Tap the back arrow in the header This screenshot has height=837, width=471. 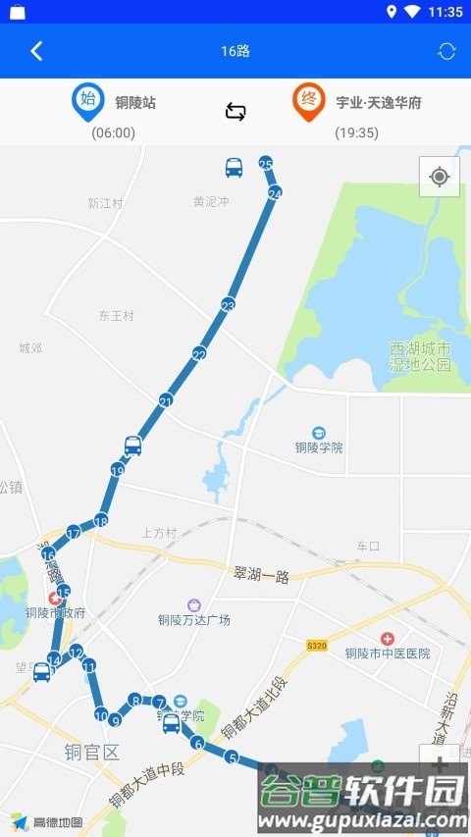click(36, 51)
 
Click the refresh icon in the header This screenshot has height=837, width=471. click(446, 51)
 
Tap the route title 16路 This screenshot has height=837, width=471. click(235, 51)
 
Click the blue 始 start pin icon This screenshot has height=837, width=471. click(87, 101)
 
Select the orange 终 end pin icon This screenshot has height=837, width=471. click(308, 101)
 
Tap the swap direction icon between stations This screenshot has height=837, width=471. click(235, 111)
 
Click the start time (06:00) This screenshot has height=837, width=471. click(113, 132)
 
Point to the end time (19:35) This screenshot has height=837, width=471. click(356, 132)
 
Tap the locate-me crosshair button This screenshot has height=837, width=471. click(439, 177)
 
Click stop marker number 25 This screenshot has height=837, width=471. click(265, 163)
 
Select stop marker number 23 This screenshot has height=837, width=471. click(228, 305)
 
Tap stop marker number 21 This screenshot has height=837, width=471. click(166, 400)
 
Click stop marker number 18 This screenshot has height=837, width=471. click(100, 521)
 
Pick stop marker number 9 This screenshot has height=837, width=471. click(115, 721)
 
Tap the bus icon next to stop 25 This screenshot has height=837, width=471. click(234, 168)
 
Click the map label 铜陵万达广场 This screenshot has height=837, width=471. click(194, 619)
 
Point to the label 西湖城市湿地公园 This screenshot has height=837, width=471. click(419, 356)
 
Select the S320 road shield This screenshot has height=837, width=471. click(316, 646)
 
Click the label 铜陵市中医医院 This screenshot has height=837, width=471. click(388, 653)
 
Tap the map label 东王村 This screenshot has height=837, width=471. click(116, 316)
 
